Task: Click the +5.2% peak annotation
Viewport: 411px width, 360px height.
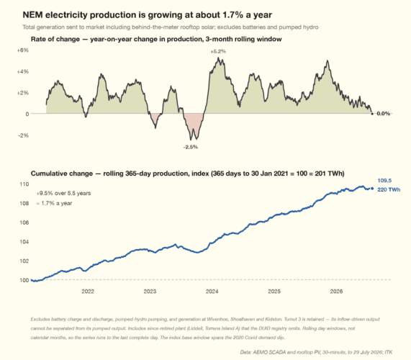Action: coord(218,51)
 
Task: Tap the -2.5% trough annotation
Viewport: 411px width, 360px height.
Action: coord(191,147)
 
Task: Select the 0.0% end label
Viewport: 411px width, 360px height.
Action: coord(384,114)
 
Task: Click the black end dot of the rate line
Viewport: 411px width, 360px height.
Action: coord(372,114)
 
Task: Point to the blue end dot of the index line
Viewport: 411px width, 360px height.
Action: coord(372,188)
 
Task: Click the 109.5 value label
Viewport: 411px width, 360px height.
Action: coord(384,181)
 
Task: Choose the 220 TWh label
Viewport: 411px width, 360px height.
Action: coord(389,189)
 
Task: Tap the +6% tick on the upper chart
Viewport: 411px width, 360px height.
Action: coord(23,50)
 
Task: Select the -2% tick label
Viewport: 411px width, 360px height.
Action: coord(23,135)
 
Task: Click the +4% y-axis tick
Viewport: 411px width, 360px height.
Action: coord(23,71)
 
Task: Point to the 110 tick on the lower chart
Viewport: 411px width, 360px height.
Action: coord(24,184)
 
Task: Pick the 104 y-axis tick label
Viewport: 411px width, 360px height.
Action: coord(24,241)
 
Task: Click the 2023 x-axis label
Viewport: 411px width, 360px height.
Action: coord(150,292)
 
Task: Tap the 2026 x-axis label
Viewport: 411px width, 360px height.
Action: coord(336,292)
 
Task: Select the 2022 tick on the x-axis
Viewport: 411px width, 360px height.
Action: coord(88,292)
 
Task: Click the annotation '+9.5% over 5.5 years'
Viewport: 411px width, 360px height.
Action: coord(63,193)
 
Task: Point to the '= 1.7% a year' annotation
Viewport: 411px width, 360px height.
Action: coord(54,203)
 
